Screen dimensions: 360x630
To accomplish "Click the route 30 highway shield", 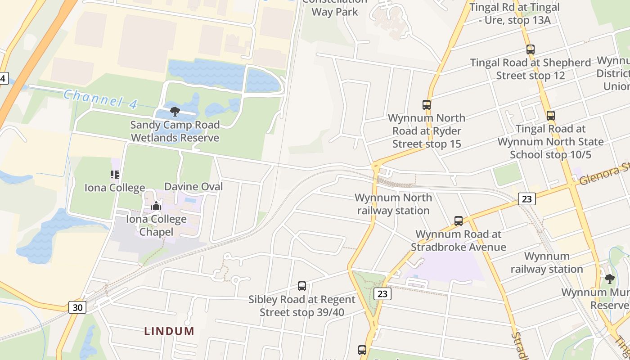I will pyautogui.click(x=77, y=307).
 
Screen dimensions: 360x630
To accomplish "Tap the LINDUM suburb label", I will pyautogui.click(x=169, y=331).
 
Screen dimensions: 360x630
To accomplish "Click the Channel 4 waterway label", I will pyautogui.click(x=100, y=99).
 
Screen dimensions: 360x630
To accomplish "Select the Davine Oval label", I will pyautogui.click(x=193, y=186).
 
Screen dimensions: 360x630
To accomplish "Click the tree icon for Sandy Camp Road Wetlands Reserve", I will pyautogui.click(x=175, y=112).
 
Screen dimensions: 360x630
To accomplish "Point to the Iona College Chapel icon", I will pyautogui.click(x=156, y=206).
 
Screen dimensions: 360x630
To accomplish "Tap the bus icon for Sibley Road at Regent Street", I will pyautogui.click(x=302, y=286).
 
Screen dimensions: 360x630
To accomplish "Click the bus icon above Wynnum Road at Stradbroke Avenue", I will pyautogui.click(x=459, y=221).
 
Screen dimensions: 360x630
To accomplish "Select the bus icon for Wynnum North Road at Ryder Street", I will pyautogui.click(x=427, y=105).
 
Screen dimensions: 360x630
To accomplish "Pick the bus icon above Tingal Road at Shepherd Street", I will pyautogui.click(x=531, y=49).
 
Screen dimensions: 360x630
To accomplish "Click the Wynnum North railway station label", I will pyautogui.click(x=393, y=204).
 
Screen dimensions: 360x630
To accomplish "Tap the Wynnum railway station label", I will pyautogui.click(x=547, y=263).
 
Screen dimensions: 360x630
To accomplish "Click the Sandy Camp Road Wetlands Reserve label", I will pyautogui.click(x=175, y=131).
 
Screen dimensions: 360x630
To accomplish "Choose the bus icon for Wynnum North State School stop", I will pyautogui.click(x=550, y=116).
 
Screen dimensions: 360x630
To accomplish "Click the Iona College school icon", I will pyautogui.click(x=115, y=175).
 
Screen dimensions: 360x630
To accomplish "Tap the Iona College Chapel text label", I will pyautogui.click(x=156, y=225).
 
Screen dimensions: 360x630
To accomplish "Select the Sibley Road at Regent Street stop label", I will pyautogui.click(x=302, y=306).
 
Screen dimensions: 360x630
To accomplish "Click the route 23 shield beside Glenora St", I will pyautogui.click(x=526, y=198).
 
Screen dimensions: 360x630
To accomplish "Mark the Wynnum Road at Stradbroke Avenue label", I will pyautogui.click(x=458, y=240).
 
